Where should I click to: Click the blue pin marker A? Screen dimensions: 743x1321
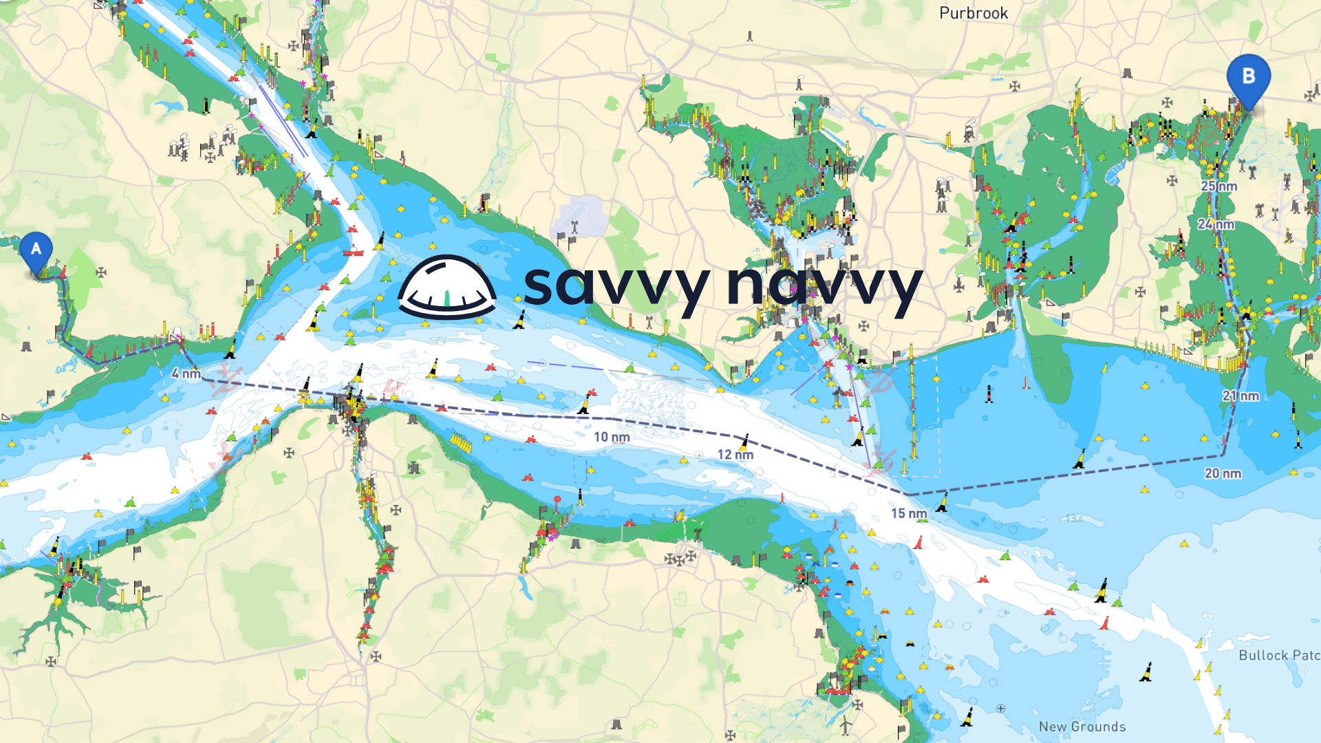click(x=36, y=252)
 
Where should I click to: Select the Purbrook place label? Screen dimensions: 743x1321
click(x=974, y=13)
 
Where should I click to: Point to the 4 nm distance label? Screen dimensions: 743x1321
click(x=186, y=374)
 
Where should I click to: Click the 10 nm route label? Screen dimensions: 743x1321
click(x=612, y=437)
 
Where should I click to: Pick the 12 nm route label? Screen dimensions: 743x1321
click(x=735, y=455)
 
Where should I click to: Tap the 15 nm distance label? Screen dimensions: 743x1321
click(x=909, y=513)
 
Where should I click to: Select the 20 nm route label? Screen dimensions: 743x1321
click(x=1223, y=473)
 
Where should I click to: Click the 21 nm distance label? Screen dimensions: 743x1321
click(x=1241, y=396)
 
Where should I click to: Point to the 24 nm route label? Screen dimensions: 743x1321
click(x=1216, y=224)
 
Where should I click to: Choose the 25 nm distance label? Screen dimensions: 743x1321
click(x=1219, y=186)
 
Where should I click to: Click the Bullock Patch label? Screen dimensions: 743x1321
click(x=1279, y=656)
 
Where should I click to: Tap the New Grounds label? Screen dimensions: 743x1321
click(x=1082, y=726)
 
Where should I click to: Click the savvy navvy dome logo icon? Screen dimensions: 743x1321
click(x=447, y=287)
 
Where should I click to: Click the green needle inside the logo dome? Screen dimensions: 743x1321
click(x=447, y=298)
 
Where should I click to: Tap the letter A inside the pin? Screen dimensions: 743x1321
click(x=36, y=248)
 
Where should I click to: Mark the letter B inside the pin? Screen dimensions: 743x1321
click(x=1249, y=76)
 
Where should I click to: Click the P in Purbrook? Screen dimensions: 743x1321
click(x=945, y=13)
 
